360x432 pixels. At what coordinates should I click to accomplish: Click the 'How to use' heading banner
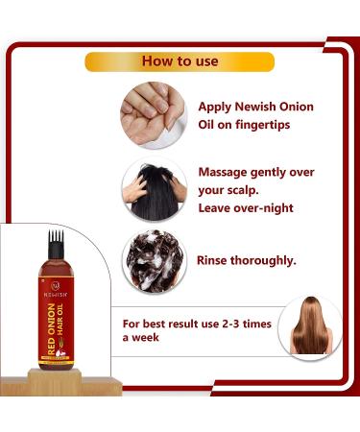[180, 60]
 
